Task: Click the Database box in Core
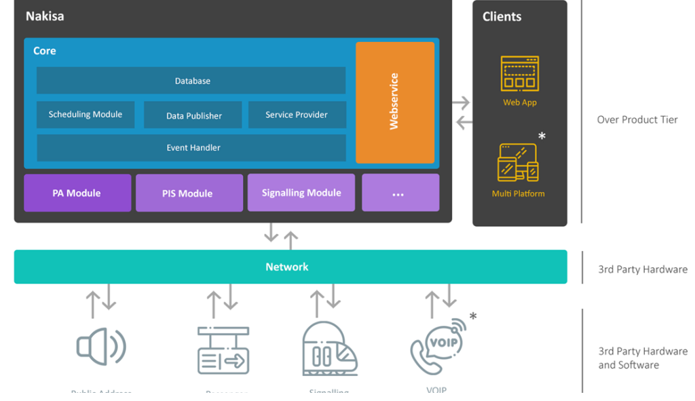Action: [191, 81]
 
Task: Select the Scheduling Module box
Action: [86, 115]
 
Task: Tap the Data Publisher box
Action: [193, 115]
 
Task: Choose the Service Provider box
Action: [297, 115]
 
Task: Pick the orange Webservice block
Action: [395, 102]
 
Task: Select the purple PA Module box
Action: [77, 193]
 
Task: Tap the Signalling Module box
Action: [301, 193]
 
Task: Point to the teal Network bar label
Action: [287, 267]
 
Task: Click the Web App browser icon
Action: [520, 74]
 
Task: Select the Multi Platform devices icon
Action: [519, 163]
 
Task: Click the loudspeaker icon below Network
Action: [101, 347]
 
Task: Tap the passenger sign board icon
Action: [223, 350]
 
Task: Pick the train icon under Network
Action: [329, 348]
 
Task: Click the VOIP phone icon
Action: [438, 347]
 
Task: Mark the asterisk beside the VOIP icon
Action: [473, 316]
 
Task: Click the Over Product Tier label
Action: [637, 119]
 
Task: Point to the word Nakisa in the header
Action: [45, 16]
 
